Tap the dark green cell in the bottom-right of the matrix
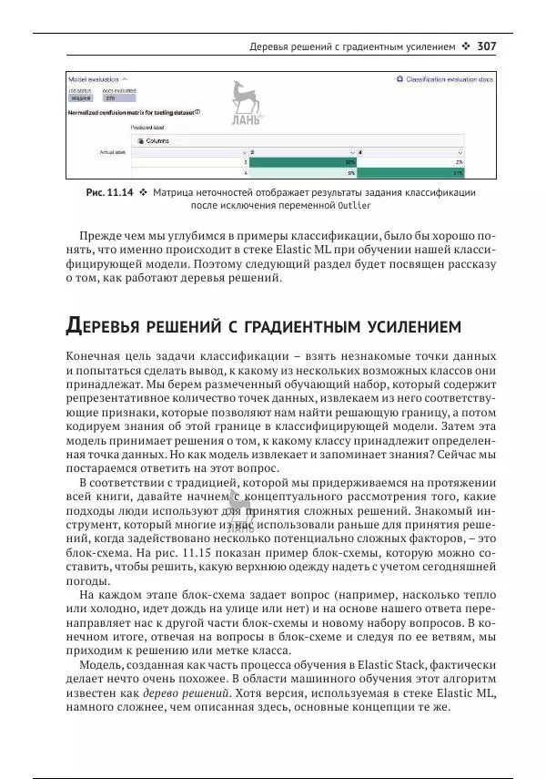click(412, 171)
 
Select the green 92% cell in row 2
click(302, 161)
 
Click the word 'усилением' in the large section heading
click(401, 326)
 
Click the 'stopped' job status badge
click(81, 98)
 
